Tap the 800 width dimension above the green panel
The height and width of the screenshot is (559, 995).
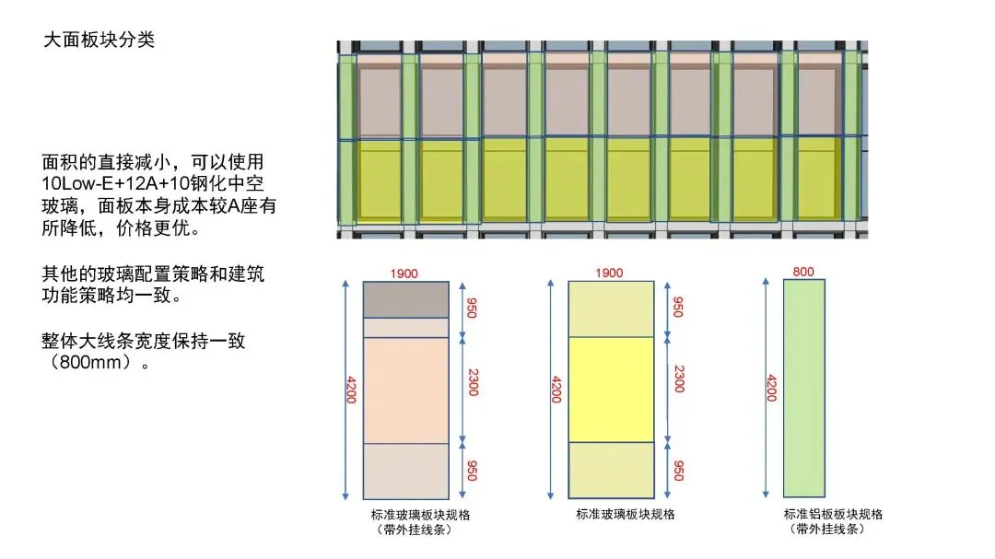[803, 272]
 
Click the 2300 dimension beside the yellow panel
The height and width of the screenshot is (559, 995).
[678, 379]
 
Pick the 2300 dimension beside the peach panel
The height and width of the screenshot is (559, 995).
[473, 379]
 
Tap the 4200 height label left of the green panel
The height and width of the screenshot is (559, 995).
[771, 389]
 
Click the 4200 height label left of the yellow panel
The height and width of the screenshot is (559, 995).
[555, 389]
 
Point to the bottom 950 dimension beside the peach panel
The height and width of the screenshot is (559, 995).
[473, 470]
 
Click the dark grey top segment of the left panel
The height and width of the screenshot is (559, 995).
[405, 299]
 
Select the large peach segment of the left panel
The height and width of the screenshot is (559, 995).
[405, 390]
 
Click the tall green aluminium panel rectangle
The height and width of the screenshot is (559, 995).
[803, 388]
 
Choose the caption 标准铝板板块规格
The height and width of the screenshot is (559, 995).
[833, 514]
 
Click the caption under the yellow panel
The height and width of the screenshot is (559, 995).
[626, 514]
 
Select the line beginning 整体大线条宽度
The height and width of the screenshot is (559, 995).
[143, 341]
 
